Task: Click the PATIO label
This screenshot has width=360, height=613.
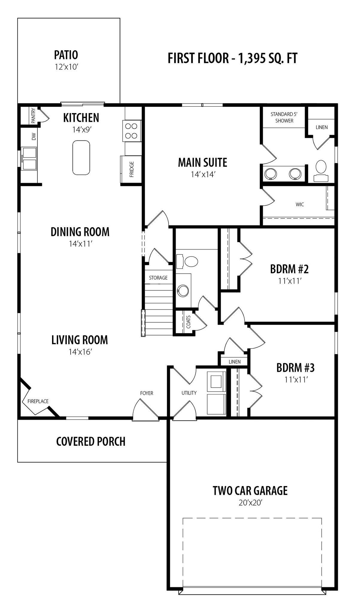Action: (x=66, y=55)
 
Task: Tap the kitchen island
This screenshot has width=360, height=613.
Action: (x=81, y=157)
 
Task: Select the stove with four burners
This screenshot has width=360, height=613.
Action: (x=132, y=131)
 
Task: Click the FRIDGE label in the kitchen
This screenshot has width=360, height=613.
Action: (x=132, y=169)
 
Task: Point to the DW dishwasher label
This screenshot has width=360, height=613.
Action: (x=34, y=136)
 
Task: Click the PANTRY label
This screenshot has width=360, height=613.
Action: (x=33, y=116)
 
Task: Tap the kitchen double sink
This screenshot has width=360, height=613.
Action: (x=29, y=159)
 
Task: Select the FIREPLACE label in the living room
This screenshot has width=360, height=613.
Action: (x=38, y=401)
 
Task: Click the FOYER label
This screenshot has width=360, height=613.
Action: (x=147, y=393)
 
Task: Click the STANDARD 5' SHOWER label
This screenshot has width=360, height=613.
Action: (x=284, y=117)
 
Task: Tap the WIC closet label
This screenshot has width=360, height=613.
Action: (x=300, y=204)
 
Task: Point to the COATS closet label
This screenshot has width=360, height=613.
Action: (x=189, y=322)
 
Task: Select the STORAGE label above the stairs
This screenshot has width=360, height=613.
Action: (x=158, y=278)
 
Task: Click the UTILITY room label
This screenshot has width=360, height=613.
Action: (x=189, y=393)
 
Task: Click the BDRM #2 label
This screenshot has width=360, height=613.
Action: (x=289, y=269)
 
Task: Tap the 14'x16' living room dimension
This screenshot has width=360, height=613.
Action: (x=80, y=352)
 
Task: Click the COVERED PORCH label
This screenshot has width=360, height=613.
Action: (x=91, y=441)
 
